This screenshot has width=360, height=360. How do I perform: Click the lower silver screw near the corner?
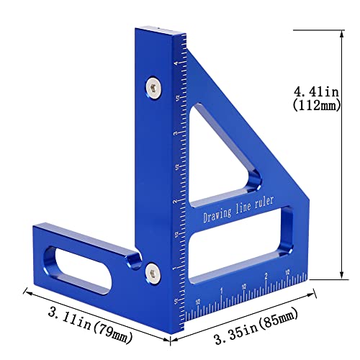(153, 271)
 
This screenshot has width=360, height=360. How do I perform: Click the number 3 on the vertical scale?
(177, 132)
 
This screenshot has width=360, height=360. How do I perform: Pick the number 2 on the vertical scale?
(176, 202)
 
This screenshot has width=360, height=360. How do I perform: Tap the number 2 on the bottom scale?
(266, 276)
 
